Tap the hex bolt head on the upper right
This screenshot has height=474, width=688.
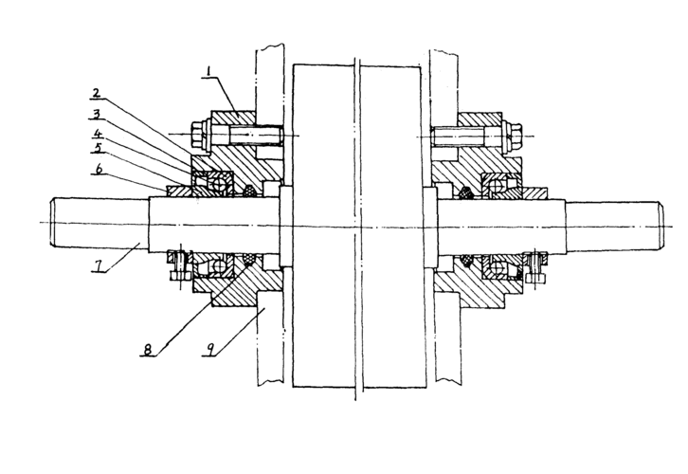515,135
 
